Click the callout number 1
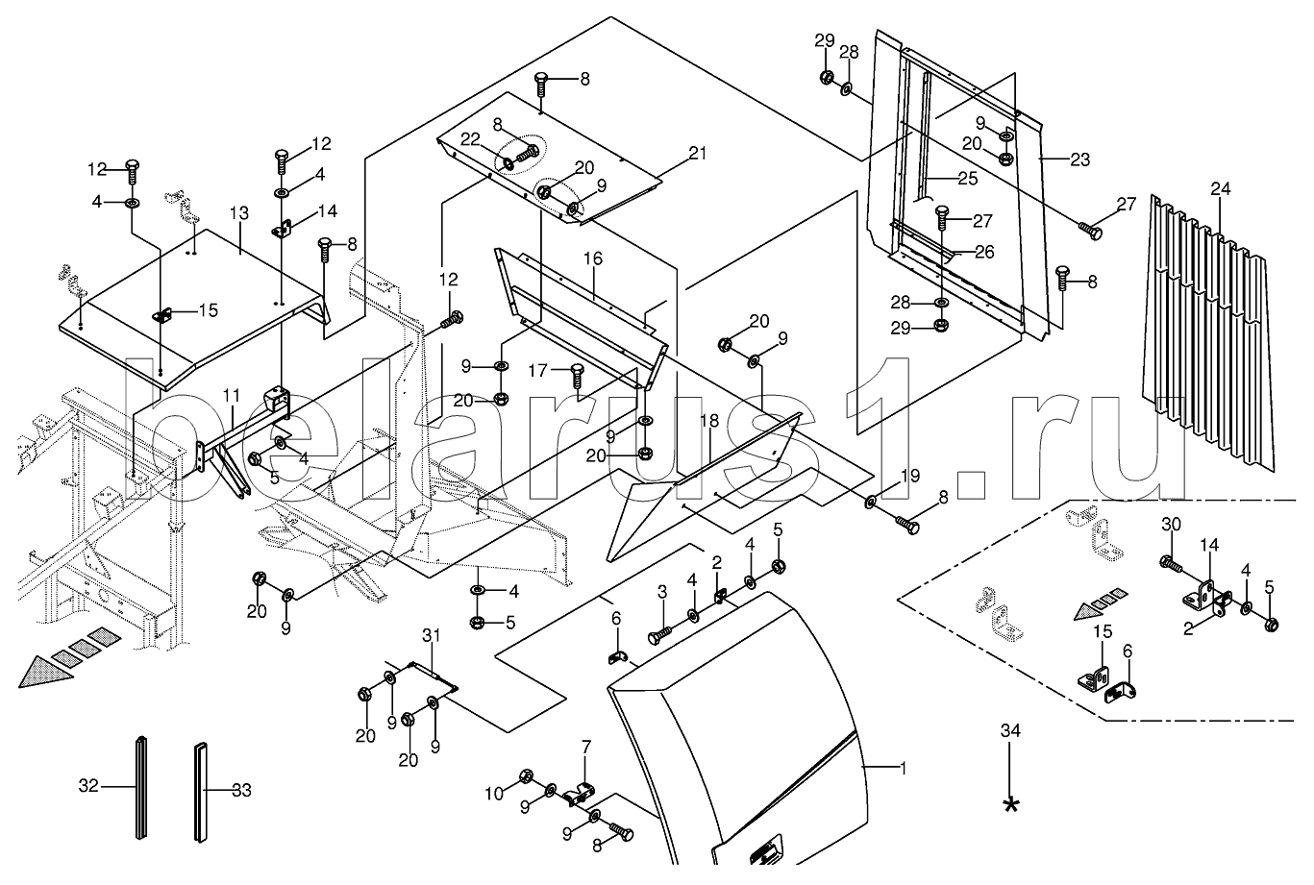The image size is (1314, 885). coord(903,768)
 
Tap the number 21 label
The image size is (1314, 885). coord(697,154)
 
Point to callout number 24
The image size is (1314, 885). coord(1220,189)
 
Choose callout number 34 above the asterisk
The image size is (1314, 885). coord(1009,731)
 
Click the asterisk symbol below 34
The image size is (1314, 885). coord(1009,805)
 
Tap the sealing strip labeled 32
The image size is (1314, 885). coord(142,788)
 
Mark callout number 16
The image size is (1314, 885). coord(592,259)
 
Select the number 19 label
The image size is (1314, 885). coord(910,476)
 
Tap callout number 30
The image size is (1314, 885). coord(1169,524)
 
